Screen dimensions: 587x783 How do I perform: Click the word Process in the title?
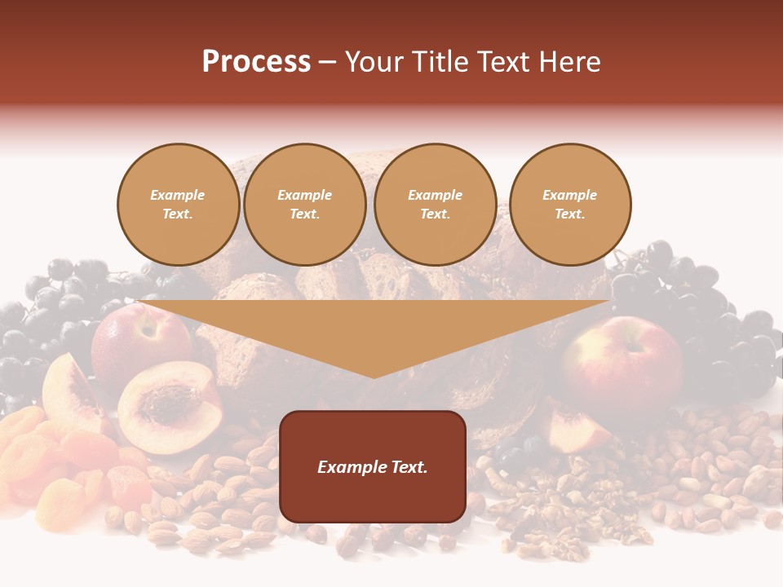point(256,62)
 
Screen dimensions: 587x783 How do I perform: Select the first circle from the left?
point(178,205)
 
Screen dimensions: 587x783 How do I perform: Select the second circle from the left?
point(305,205)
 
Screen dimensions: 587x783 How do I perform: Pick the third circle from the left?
point(435,205)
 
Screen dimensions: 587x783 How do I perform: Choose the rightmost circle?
point(569,205)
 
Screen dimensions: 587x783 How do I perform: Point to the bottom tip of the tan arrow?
point(374,377)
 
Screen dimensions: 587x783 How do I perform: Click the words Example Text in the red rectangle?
point(373,467)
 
